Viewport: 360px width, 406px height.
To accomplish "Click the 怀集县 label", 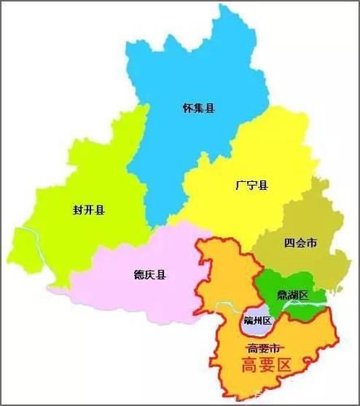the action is click(x=200, y=107).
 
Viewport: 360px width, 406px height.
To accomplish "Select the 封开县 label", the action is click(x=89, y=210).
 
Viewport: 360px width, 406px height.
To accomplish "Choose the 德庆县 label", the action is click(x=150, y=274).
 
